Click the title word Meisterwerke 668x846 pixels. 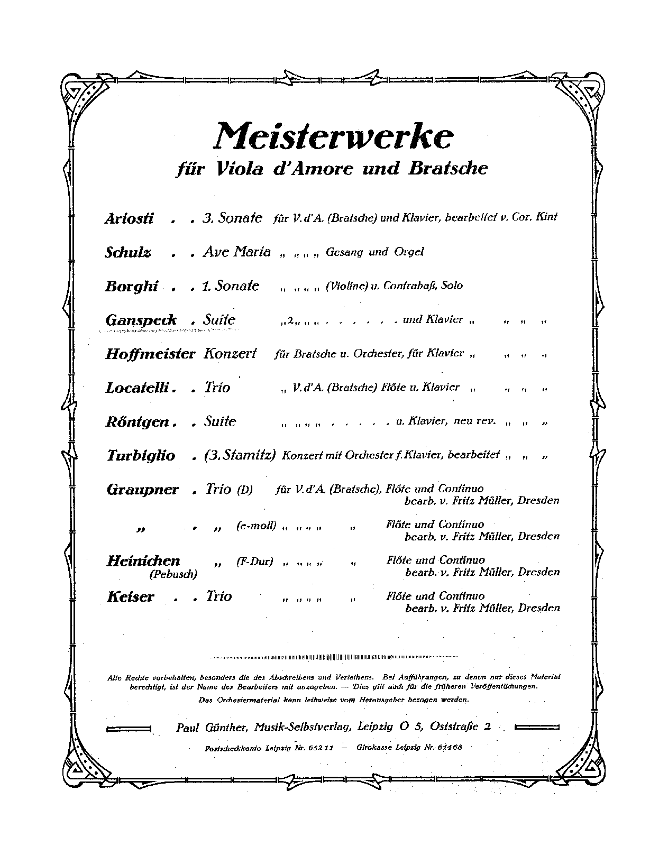point(333,136)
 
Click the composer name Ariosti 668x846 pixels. point(129,218)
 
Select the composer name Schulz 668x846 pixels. point(128,252)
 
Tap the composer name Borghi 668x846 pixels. point(132,286)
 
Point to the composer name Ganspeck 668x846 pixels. point(141,320)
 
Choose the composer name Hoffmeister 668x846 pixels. point(150,354)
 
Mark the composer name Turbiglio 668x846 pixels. point(141,455)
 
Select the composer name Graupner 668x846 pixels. point(143,490)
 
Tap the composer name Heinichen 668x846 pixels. point(143,560)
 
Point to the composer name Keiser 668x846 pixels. point(130,597)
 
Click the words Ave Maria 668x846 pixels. point(236,252)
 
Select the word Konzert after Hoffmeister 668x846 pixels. point(230,353)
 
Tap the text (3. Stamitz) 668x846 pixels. point(240,455)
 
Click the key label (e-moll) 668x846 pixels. point(256,526)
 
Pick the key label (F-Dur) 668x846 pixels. point(254,562)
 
